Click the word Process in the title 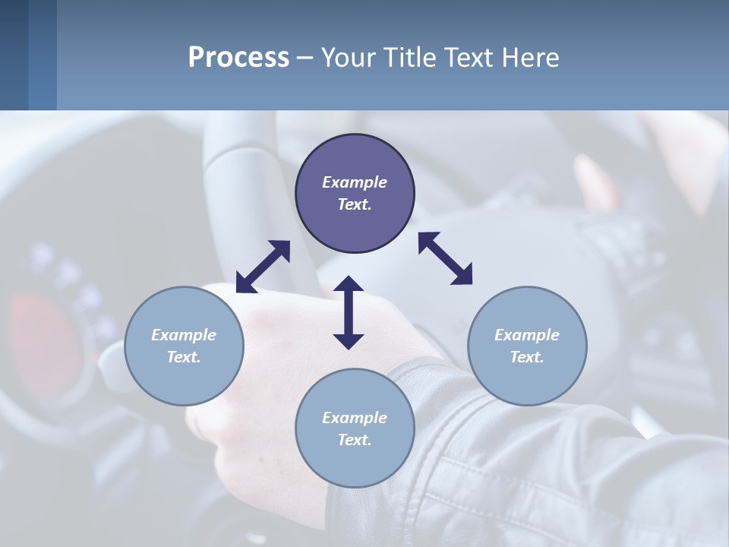coord(238,58)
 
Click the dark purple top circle coord(355,194)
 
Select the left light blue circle coord(184,346)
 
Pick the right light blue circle coord(527,346)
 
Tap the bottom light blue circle coord(355,428)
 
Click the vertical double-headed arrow coord(349,312)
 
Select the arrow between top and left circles coord(263,267)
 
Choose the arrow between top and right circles coord(445,258)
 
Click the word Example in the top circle coord(355,182)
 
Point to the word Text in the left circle coord(184,357)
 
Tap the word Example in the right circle coord(527,335)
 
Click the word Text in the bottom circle coord(355,440)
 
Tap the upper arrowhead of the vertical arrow coord(349,285)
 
